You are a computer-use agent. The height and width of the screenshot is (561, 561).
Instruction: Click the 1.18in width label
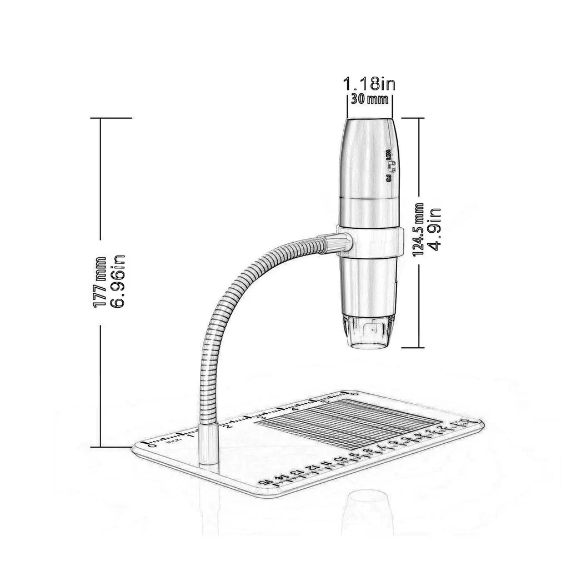pyautogui.click(x=369, y=84)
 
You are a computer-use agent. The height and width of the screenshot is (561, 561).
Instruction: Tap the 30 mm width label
pyautogui.click(x=369, y=100)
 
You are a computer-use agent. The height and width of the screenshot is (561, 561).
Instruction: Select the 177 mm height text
pyautogui.click(x=101, y=282)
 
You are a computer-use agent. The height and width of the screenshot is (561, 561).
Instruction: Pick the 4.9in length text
pyautogui.click(x=435, y=229)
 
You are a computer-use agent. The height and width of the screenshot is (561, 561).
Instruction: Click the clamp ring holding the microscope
pyautogui.click(x=369, y=241)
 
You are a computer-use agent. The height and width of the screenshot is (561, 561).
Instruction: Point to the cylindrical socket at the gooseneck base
pyautogui.click(x=209, y=444)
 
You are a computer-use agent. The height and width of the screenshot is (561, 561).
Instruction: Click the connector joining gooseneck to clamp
pyautogui.click(x=337, y=242)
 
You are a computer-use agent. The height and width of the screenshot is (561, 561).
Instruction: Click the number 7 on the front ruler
pyautogui.click(x=380, y=447)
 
